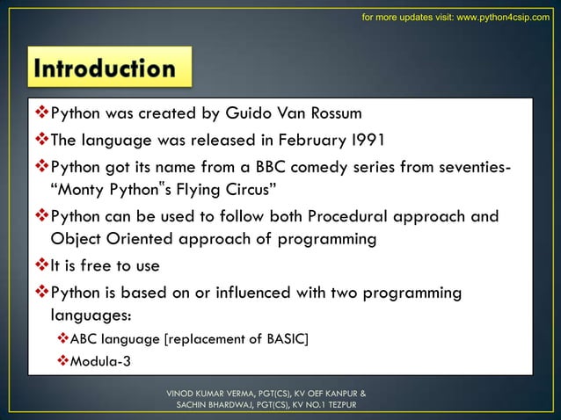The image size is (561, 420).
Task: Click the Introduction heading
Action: pos(103,69)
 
